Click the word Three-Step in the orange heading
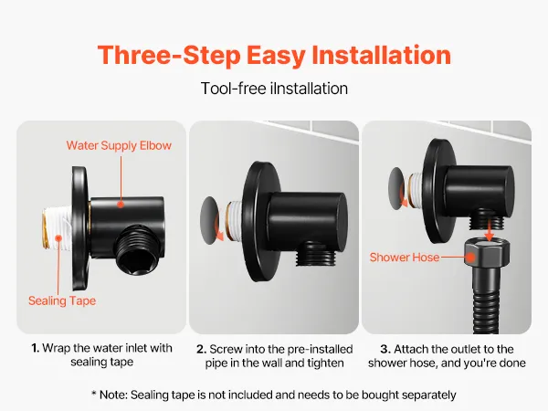click(x=169, y=55)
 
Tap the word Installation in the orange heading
click(x=381, y=55)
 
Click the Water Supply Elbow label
click(x=119, y=145)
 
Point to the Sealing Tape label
click(x=62, y=300)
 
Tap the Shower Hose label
click(x=405, y=258)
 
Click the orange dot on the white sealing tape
click(x=58, y=238)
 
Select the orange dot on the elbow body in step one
click(x=121, y=204)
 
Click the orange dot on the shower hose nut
click(x=470, y=258)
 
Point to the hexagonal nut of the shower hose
click(x=487, y=254)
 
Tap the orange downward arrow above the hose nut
click(x=490, y=229)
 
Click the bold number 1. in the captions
click(x=35, y=348)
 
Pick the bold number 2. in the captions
click(x=201, y=349)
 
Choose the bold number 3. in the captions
click(x=385, y=349)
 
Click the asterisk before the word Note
click(x=94, y=393)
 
